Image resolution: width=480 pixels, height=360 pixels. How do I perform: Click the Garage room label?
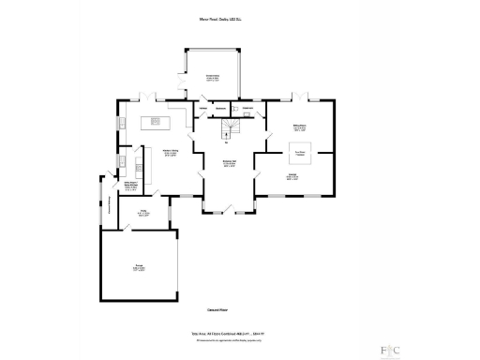pyautogui.click(x=138, y=268)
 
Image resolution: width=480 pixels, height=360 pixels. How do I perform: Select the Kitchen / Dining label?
pyautogui.click(x=171, y=154)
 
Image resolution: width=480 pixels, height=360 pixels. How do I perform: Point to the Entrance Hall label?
pyautogui.click(x=227, y=162)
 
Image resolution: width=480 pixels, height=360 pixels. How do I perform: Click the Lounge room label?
pyautogui.click(x=292, y=176)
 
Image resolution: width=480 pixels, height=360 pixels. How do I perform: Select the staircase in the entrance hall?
pyautogui.click(x=227, y=131)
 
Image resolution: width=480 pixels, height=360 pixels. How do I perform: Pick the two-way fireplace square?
pyautogui.click(x=301, y=152)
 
